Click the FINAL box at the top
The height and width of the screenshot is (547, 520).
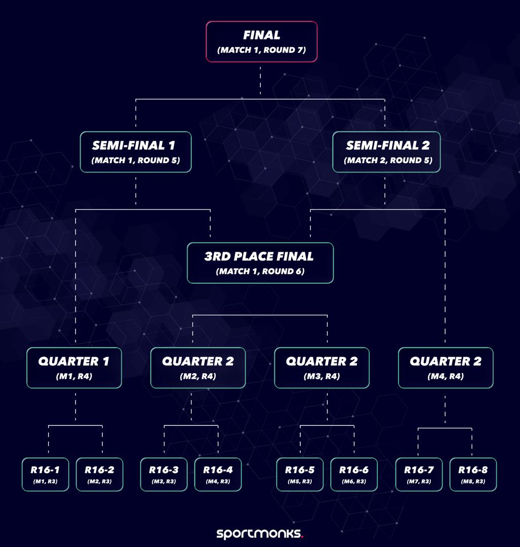coord(261,42)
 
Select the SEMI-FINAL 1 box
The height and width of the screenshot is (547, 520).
coord(136,152)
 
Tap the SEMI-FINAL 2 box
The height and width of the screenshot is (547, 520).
coord(386,152)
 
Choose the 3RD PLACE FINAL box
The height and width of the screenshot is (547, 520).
coord(260,263)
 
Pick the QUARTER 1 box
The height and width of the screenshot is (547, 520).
coord(74,368)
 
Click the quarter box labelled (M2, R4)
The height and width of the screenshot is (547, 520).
coord(198,368)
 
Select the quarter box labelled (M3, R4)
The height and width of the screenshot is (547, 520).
coord(322,368)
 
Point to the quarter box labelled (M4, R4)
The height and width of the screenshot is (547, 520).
coord(446,368)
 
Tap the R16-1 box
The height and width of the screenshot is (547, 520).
coord(45,474)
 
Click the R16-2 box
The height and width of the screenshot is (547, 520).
coord(99,474)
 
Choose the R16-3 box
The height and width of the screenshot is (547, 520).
coord(164,474)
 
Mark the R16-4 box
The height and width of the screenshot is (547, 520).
coord(218,474)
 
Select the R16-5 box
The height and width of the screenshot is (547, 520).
coord(300,474)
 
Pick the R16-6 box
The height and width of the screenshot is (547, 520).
coord(354,474)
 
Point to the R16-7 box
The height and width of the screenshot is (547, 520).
coord(419,474)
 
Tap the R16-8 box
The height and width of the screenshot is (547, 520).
coord(473,474)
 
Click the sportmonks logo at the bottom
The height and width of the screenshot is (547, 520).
coord(260,533)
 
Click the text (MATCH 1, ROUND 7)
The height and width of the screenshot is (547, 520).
coord(261,51)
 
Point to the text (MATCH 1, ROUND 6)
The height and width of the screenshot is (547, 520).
coord(260,271)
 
